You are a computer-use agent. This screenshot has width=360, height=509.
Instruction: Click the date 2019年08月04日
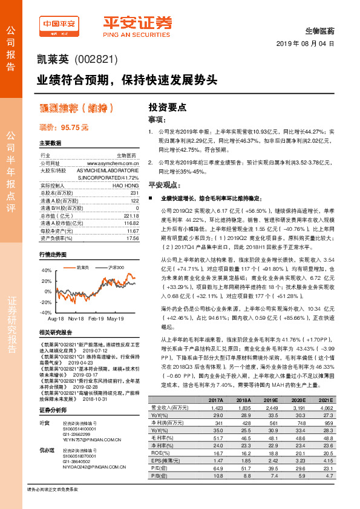click(x=306, y=44)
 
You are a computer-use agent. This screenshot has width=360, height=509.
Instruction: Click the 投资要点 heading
click(x=167, y=106)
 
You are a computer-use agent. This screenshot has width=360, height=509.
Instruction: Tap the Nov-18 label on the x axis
click(x=76, y=317)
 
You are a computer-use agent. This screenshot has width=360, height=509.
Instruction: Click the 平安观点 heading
click(x=165, y=184)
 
